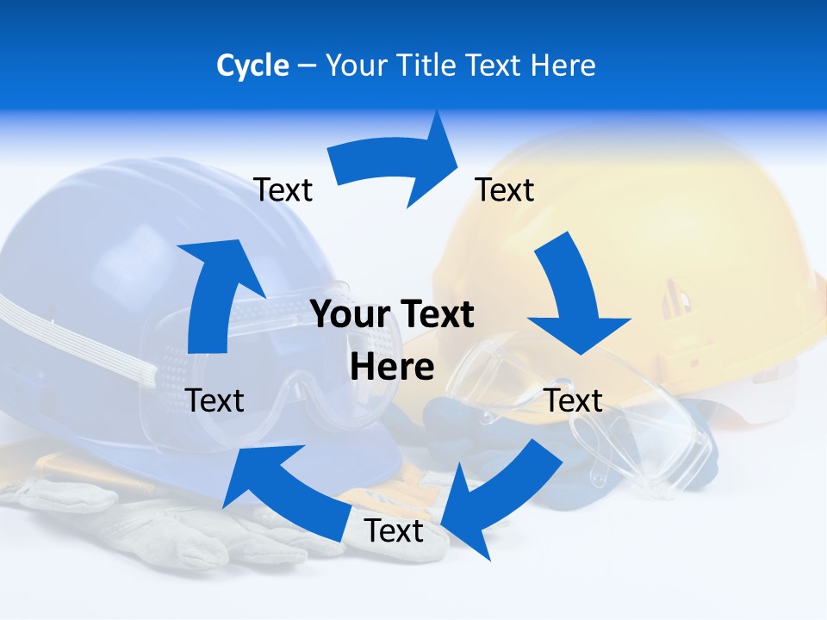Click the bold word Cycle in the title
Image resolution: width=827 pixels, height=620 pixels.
(252, 65)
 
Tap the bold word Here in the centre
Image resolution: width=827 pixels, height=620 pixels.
(392, 367)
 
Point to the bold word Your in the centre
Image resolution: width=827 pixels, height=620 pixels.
(343, 314)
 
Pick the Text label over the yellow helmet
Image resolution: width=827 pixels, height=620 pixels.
(505, 189)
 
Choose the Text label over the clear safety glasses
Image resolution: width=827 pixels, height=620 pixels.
(573, 400)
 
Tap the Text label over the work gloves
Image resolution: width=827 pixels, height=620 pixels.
(394, 530)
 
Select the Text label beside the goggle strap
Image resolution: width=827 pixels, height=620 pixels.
(215, 400)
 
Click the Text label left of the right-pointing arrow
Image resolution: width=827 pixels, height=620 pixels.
(283, 189)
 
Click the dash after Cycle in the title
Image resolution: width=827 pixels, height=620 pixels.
(307, 65)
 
